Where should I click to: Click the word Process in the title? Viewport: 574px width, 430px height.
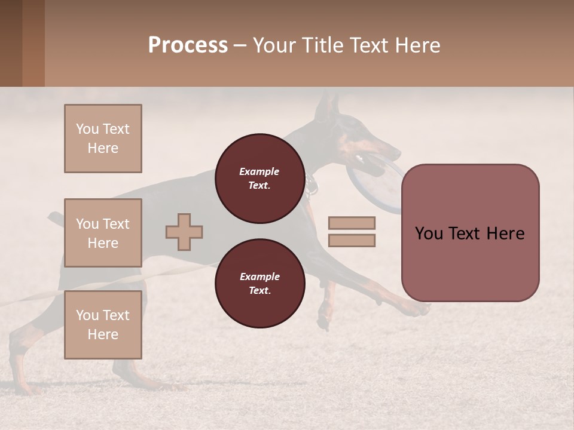tap(188, 45)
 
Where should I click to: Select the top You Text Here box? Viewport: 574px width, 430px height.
tap(103, 139)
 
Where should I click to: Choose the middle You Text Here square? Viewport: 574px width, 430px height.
tap(103, 233)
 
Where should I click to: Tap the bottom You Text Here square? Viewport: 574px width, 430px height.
tap(103, 325)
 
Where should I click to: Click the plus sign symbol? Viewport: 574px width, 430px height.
tap(184, 232)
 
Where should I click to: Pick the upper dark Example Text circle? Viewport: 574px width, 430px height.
tap(259, 178)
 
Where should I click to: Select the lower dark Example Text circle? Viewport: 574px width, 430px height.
tap(259, 283)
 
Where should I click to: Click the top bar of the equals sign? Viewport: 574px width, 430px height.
tap(352, 223)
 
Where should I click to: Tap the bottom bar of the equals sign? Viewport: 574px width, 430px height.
tap(352, 241)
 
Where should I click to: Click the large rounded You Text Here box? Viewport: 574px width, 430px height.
tap(470, 233)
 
